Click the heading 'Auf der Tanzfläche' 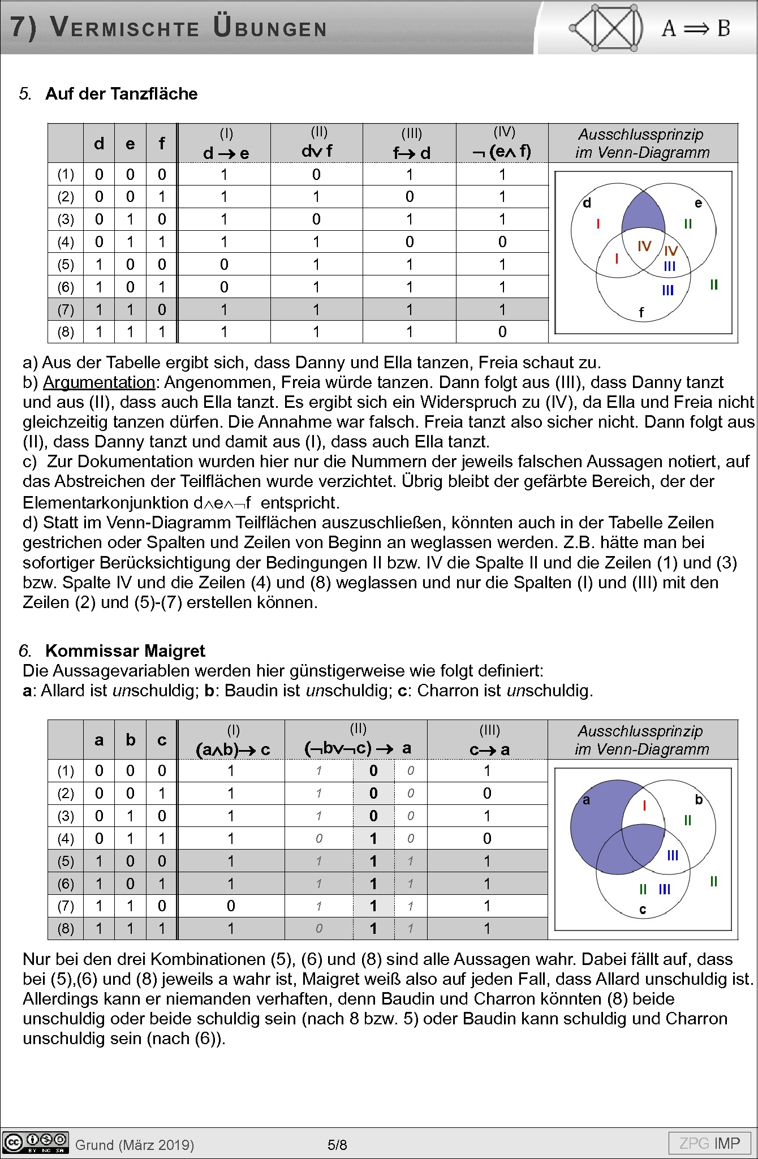pos(121,94)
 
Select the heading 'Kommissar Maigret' pos(125,650)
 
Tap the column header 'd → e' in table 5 pos(226,153)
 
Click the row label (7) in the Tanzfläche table pos(66,310)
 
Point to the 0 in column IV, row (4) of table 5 pos(502,242)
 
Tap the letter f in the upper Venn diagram pos(641,312)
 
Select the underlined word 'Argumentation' pos(99,382)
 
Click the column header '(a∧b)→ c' pos(232,749)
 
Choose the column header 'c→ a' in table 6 pos(489,749)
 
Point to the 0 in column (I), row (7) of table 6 pos(231,906)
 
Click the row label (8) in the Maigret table pos(66,929)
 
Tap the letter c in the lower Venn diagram pos(642,910)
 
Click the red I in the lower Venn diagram pos(644,805)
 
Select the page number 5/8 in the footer pos(337,1145)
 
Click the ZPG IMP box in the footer pos(709,1143)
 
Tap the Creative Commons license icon pos(35,1143)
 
